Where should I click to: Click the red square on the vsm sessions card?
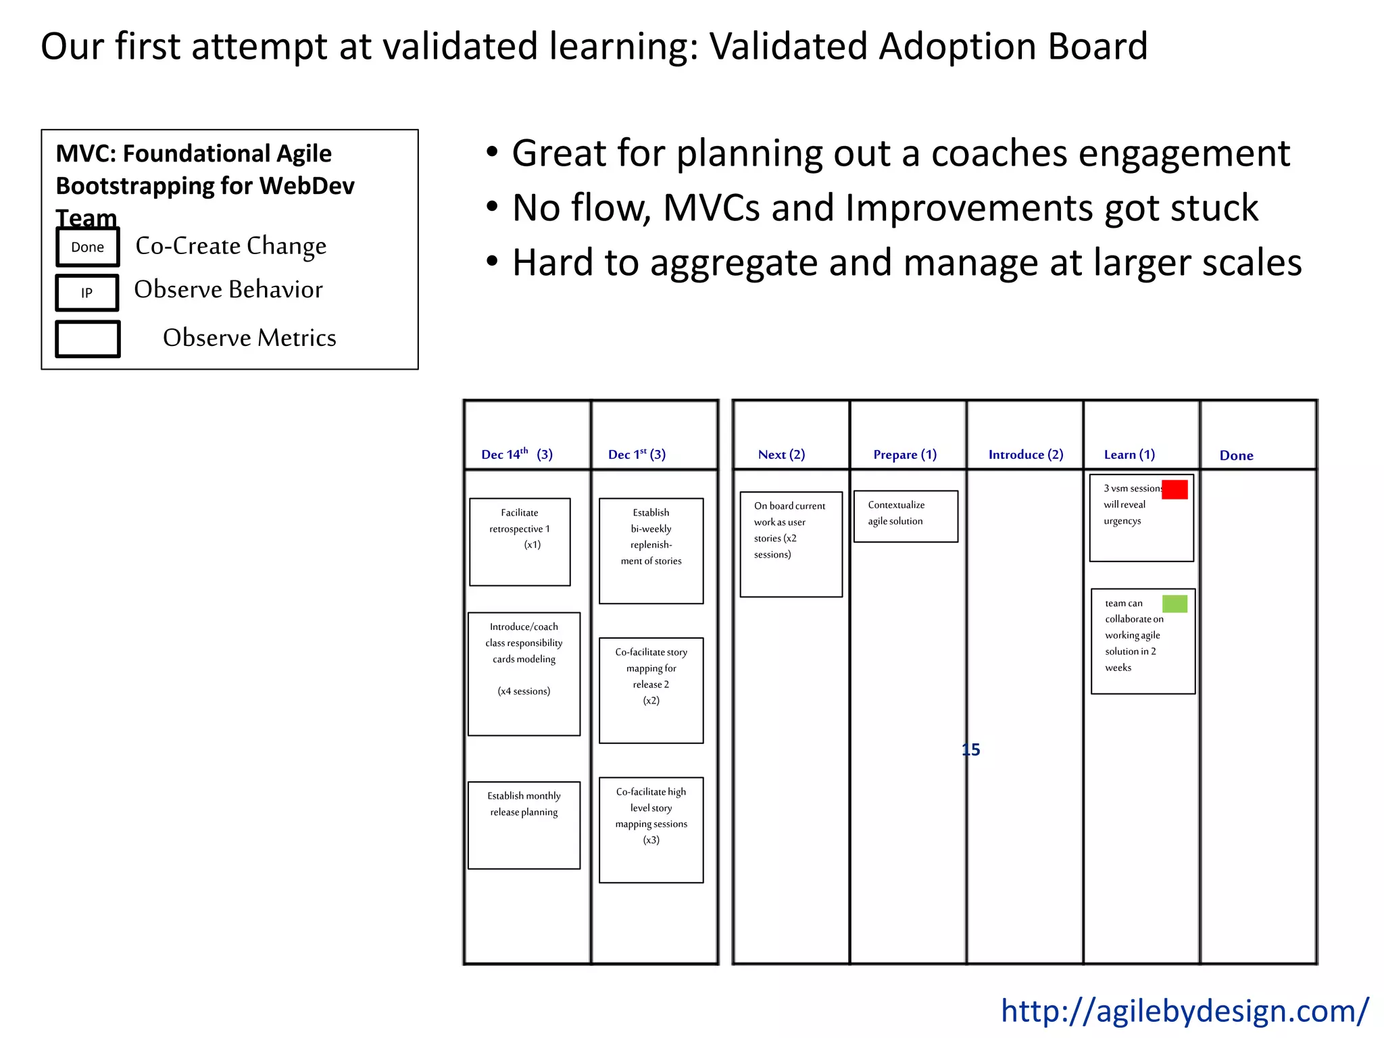click(x=1175, y=489)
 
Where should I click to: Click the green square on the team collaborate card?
click(x=1175, y=603)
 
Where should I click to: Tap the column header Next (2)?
click(x=781, y=455)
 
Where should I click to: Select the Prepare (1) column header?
click(x=905, y=455)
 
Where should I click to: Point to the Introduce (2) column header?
click(x=1025, y=455)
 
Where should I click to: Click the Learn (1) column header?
click(x=1129, y=455)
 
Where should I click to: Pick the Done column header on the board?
click(x=1236, y=455)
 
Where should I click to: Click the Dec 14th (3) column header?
click(x=517, y=454)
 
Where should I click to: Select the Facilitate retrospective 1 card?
click(x=520, y=541)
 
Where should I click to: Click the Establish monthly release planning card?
click(x=524, y=824)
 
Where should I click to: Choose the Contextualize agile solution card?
click(x=906, y=516)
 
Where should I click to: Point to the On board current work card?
click(x=791, y=544)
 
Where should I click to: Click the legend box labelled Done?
click(x=88, y=247)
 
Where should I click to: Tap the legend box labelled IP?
click(x=87, y=293)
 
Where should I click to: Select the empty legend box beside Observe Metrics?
click(x=88, y=339)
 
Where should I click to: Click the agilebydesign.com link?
click(x=1184, y=1011)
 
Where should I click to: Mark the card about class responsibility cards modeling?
click(x=524, y=673)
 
